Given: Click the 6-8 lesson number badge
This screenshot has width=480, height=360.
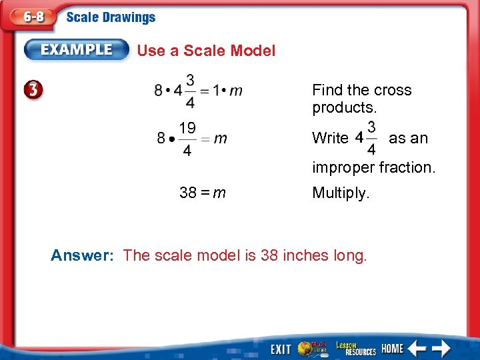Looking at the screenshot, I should coord(30,18).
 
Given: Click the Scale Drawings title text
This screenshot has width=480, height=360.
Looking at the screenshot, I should coord(111,18).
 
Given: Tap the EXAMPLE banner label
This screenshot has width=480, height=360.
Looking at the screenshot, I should coord(77,49).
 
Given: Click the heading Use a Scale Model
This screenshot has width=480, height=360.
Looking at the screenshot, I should coord(206,51).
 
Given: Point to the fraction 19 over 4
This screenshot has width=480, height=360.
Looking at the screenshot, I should coord(187,139).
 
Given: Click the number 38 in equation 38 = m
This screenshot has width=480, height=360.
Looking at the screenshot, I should coord(187,193).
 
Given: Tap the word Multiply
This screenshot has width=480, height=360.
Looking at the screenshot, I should coord(340,193).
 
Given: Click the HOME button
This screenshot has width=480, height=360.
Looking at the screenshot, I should coord(392,348).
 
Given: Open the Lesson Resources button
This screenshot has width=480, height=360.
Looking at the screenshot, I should coord(356,348).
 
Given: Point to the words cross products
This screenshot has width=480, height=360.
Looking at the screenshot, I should coord(362,99).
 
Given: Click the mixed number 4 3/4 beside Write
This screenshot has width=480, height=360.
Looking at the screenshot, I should coord(365,138).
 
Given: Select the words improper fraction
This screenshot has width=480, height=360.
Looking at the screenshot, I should coord(373,167).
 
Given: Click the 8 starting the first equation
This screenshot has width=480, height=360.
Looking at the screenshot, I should coord(159,90).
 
